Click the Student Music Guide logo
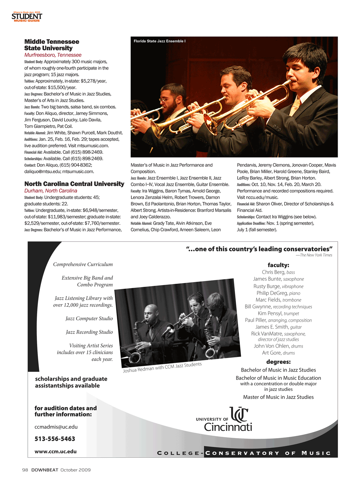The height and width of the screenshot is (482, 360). coord(27,17)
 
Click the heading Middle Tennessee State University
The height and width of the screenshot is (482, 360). coord(51,45)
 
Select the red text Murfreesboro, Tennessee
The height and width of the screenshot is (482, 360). coord(53,55)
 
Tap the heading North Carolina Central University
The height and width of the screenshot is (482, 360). coord(74,184)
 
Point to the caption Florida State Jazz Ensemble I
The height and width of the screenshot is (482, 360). coord(159,41)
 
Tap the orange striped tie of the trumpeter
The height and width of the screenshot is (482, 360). coord(295,108)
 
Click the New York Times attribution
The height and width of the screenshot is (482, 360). coord(314,255)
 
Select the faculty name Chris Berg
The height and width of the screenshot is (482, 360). coord(273,272)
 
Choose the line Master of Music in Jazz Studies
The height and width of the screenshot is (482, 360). coord(278,397)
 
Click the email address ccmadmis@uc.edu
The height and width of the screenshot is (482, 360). coord(56,427)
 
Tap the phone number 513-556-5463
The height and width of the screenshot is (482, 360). coord(55,439)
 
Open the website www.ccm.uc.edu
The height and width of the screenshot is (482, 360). coord(55,452)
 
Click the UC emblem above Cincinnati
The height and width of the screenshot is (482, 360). coord(239,414)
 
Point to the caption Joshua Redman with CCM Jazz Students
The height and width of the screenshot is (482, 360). coord(162,367)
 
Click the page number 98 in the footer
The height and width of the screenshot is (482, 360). coord(25,470)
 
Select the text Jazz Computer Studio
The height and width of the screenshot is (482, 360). coord(89,319)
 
